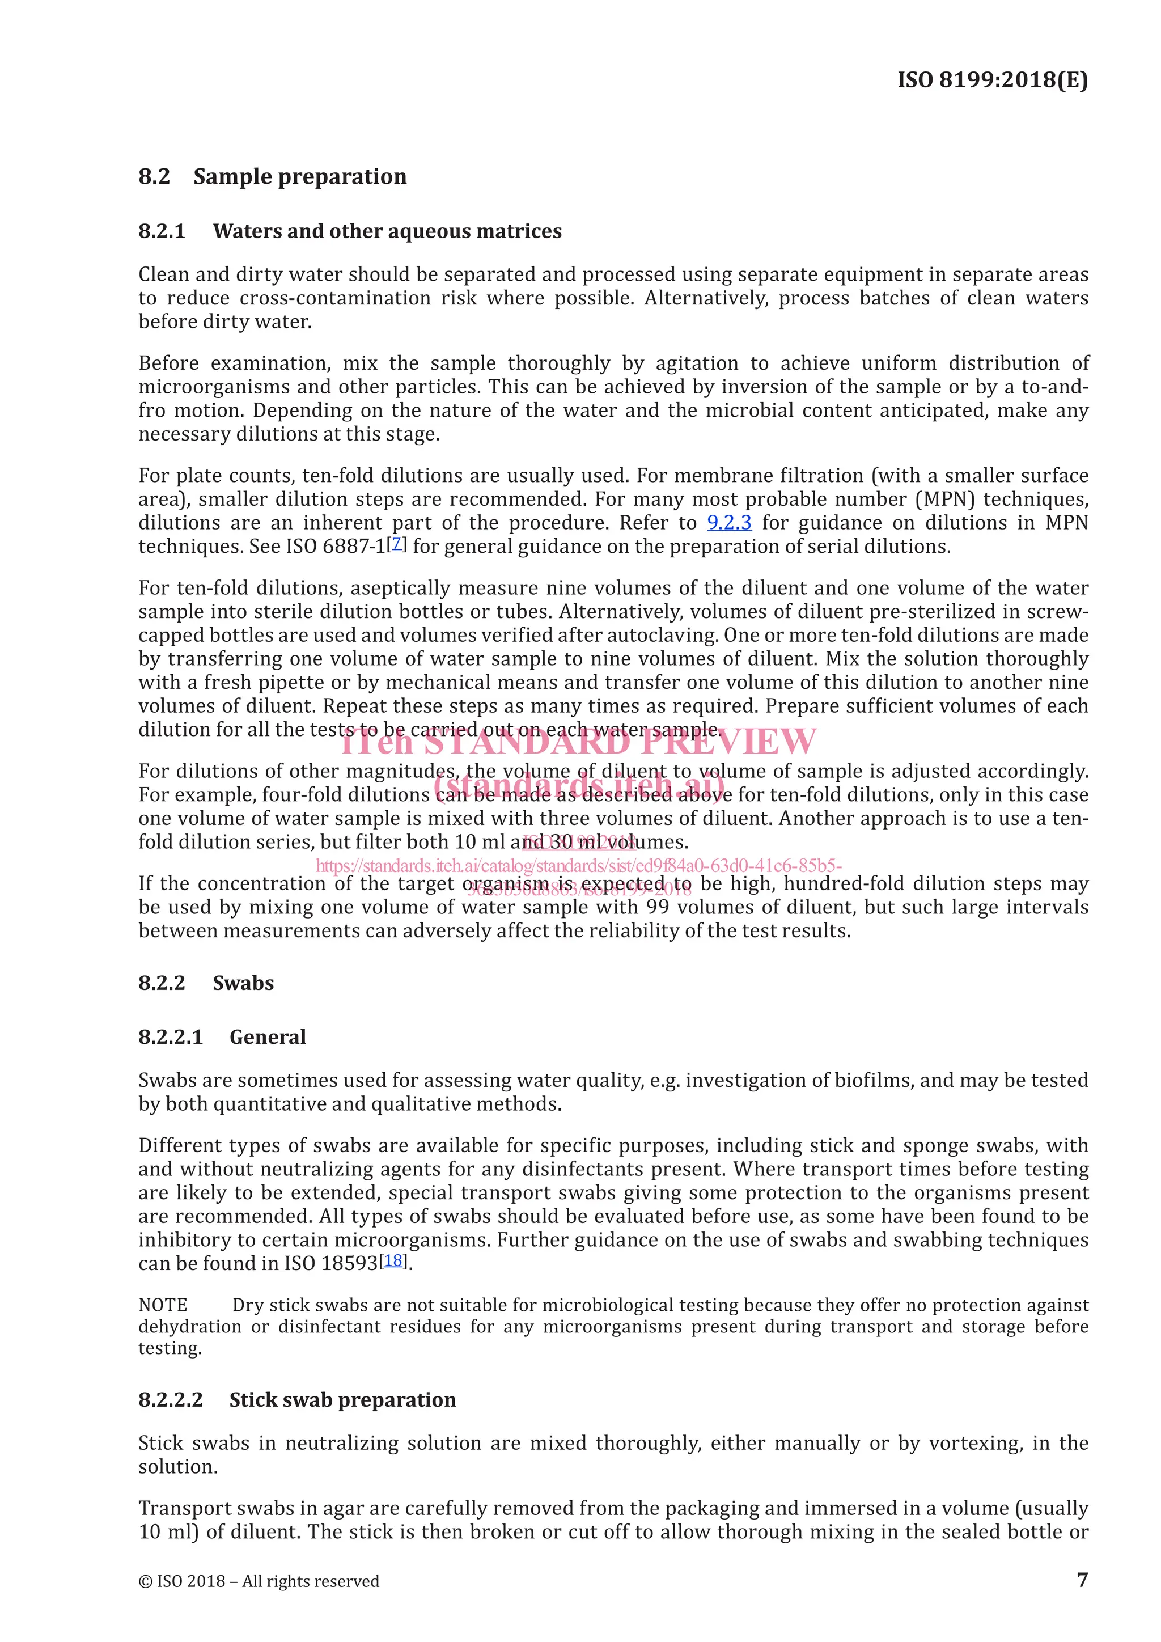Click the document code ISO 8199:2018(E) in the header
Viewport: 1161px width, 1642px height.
pos(992,79)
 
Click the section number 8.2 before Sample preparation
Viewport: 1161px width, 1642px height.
pos(154,177)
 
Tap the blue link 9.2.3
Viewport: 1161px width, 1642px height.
pos(728,523)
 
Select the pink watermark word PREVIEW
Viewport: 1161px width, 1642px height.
pos(729,741)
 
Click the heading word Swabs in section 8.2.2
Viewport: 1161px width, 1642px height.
pos(243,983)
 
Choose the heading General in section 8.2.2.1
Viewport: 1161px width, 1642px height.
pos(268,1037)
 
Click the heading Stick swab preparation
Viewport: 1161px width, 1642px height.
pos(342,1399)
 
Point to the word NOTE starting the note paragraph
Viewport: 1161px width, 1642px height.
pos(163,1305)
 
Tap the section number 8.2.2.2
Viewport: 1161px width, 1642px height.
pos(171,1399)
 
